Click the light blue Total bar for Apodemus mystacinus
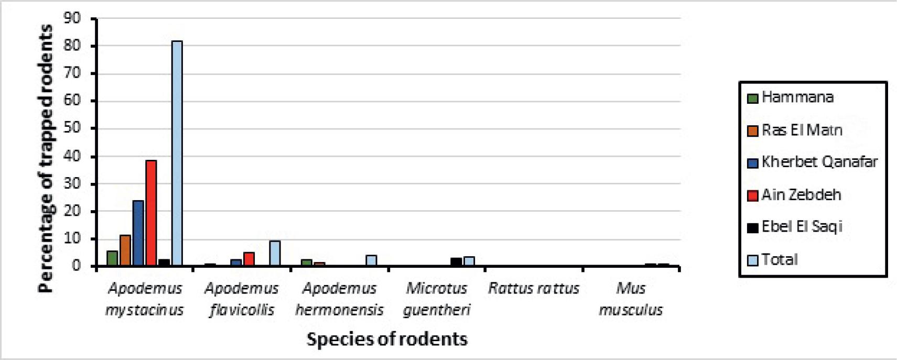point(177,153)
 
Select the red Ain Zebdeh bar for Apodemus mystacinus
point(151,213)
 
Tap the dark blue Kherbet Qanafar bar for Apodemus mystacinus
point(138,233)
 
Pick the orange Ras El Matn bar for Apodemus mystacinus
point(125,250)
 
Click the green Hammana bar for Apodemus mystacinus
point(112,258)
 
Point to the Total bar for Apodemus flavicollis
point(275,254)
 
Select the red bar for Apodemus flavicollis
point(249,259)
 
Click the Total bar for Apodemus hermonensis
point(371,260)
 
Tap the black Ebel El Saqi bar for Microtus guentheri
point(456,262)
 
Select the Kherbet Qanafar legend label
point(819,162)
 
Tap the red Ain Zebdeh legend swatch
point(753,195)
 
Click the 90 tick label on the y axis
point(72,18)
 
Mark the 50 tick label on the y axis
point(72,128)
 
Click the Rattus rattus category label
point(534,289)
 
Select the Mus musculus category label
point(631,299)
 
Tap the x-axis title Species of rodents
point(387,339)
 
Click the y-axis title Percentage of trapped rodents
point(46,157)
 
